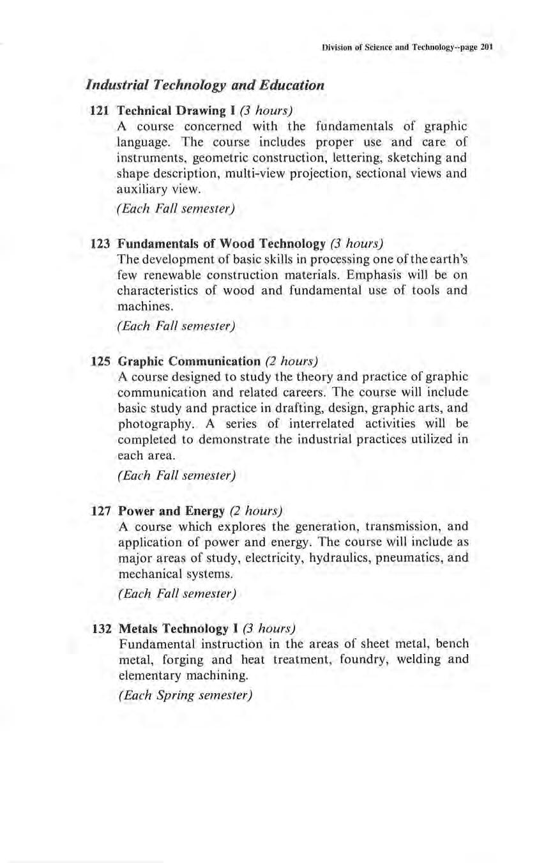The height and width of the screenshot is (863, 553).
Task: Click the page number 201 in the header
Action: tap(489, 48)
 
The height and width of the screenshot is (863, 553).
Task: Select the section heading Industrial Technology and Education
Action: tap(205, 85)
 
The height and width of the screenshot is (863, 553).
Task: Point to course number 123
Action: tap(102, 243)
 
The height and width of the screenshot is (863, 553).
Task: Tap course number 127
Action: tap(102, 511)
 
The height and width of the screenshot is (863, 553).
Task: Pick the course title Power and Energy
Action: tap(172, 511)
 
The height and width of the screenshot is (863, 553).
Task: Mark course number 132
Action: tap(102, 628)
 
